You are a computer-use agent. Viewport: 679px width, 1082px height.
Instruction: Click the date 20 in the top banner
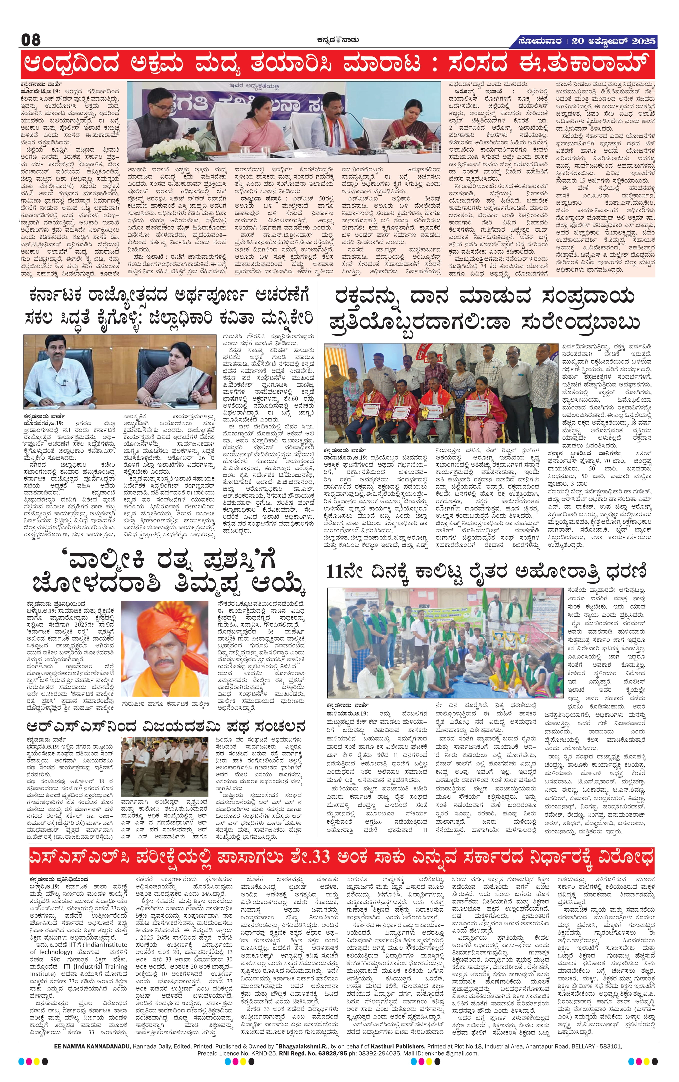point(578,41)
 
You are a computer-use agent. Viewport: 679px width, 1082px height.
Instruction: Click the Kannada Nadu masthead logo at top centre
point(337,39)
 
